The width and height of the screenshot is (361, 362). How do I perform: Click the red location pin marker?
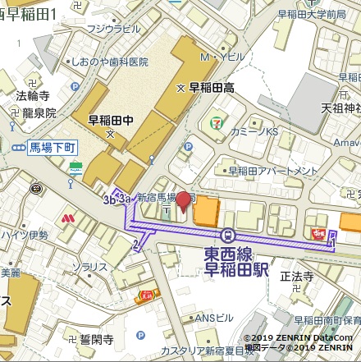pyautogui.click(x=184, y=202)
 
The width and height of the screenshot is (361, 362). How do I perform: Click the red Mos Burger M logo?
pyautogui.click(x=69, y=219)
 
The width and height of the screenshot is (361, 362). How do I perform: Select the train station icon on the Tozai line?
pyautogui.click(x=229, y=234)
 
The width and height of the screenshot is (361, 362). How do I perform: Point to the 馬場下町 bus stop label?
pyautogui.click(x=52, y=148)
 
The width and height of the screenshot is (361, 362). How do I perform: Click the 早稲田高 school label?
pyautogui.click(x=211, y=87)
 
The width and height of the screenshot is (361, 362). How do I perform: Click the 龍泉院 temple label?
pyautogui.click(x=39, y=113)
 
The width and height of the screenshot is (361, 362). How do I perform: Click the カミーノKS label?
pyautogui.click(x=254, y=131)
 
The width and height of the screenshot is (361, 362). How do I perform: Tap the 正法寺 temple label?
pyautogui.click(x=296, y=277)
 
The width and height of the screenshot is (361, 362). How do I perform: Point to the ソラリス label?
pyautogui.click(x=89, y=267)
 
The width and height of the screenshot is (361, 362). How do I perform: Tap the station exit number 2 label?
pyautogui.click(x=135, y=244)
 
